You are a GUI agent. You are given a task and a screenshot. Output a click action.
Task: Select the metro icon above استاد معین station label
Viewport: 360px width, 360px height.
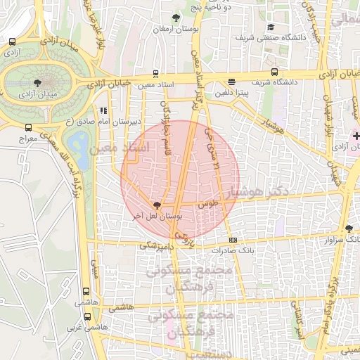pos(155,73)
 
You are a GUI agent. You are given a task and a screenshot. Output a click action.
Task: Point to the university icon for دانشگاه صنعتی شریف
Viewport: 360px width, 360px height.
pos(270,26)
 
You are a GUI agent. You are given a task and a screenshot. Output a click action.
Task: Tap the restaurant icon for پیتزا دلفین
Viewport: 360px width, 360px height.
pos(232,82)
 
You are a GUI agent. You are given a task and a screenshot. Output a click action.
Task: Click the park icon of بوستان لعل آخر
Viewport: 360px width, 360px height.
pos(156,205)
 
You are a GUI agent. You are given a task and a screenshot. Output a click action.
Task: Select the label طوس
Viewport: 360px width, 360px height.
pos(209,202)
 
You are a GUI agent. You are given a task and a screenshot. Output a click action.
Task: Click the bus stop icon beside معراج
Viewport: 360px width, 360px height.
pos(28,128)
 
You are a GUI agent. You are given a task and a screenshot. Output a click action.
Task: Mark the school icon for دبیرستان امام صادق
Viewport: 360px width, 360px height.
pos(104,110)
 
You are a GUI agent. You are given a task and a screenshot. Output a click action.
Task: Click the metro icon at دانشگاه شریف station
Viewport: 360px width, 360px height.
pos(274,72)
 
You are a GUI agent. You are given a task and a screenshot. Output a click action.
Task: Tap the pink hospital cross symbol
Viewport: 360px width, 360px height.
pos(356,135)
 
